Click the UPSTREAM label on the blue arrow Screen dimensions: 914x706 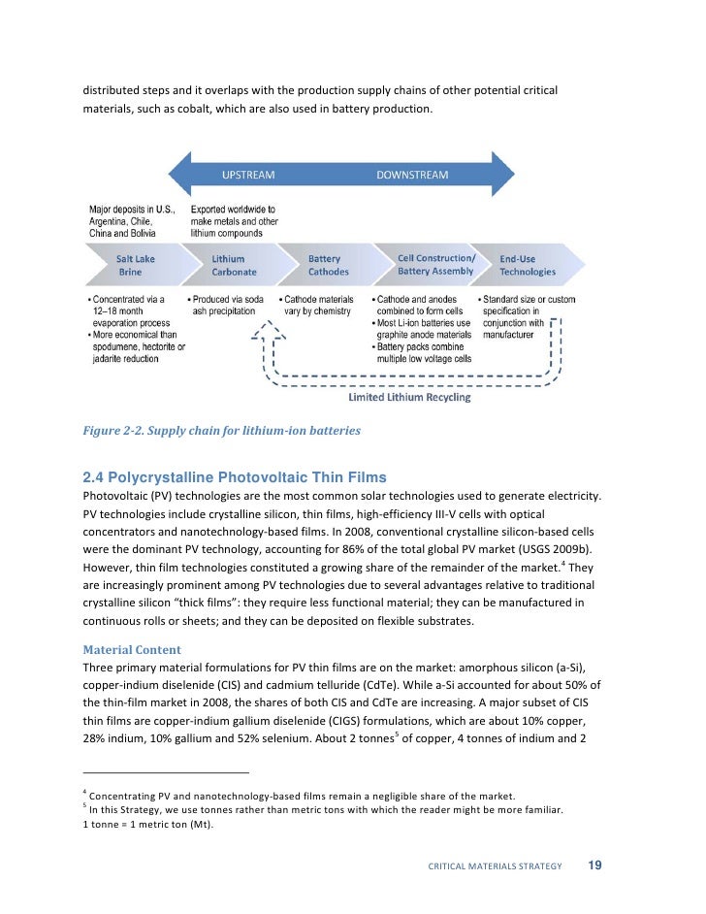pyautogui.click(x=248, y=176)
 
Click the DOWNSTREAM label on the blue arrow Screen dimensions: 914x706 pyautogui.click(x=412, y=176)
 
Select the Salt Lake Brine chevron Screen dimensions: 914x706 pyautogui.click(x=136, y=265)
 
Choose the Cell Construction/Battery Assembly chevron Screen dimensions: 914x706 pyautogui.click(x=435, y=265)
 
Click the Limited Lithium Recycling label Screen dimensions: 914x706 pyautogui.click(x=409, y=397)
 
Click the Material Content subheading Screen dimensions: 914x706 pyautogui.click(x=130, y=648)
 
